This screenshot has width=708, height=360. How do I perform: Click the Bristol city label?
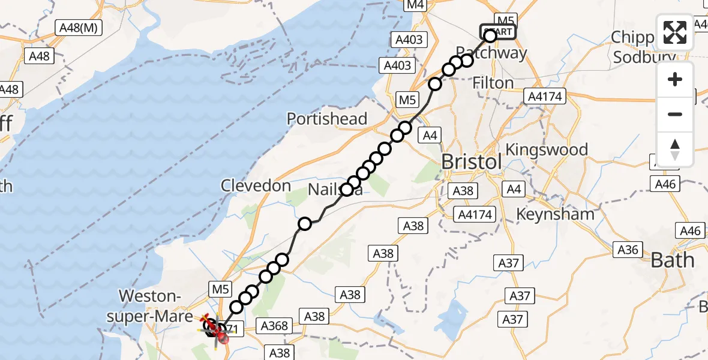coord(472,162)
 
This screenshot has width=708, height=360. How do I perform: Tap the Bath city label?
coord(673,260)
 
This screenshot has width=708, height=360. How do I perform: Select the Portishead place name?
coord(327,119)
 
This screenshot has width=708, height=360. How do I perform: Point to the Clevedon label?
coord(256,186)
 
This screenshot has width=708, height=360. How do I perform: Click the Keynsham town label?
coord(556,214)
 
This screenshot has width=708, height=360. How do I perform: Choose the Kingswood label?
coord(547,149)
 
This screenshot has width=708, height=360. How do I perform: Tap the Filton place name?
coord(493,83)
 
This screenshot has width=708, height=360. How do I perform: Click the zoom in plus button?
coord(675,80)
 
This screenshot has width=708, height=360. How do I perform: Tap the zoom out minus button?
coord(675,114)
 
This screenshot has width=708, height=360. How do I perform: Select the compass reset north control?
coord(675,149)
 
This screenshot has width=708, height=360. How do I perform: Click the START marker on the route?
coord(497,32)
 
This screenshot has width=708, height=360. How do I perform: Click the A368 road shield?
coord(275,326)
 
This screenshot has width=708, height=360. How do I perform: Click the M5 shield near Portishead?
coord(407,100)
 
